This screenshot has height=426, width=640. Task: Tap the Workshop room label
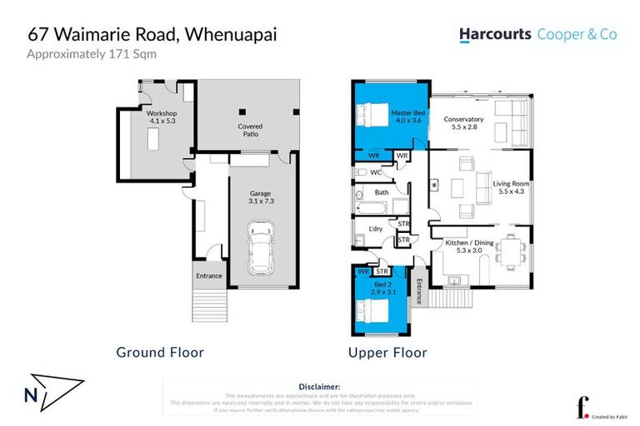(x=162, y=112)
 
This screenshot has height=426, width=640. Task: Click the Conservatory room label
(x=464, y=119)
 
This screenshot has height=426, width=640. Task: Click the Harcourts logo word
(x=495, y=35)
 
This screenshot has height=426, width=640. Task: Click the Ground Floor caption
(x=160, y=353)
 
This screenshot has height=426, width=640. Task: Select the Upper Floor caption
(x=387, y=353)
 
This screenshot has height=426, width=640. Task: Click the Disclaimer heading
(x=319, y=387)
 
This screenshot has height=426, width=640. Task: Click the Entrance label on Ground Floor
(x=208, y=275)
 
